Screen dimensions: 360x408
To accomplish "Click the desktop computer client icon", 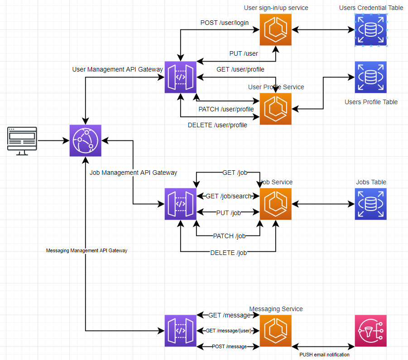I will [x=22, y=141].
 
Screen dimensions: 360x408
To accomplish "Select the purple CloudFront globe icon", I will [x=86, y=141].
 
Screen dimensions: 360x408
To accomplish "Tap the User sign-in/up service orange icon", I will [x=275, y=30].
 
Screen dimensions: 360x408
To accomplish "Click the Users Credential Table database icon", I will [x=371, y=30].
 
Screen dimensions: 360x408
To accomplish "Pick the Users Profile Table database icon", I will [x=371, y=77].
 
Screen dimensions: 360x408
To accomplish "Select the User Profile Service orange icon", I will [x=275, y=109].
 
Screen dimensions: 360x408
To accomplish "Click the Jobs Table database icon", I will [x=371, y=204].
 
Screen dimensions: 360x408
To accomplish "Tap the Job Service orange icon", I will [x=275, y=204].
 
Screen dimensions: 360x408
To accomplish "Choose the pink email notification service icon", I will [x=371, y=331].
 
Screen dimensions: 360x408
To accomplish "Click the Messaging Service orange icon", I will [x=275, y=331].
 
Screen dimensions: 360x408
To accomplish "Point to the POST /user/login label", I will [x=225, y=23].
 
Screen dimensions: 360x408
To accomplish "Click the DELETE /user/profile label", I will [x=217, y=125].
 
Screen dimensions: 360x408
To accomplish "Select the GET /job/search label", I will [x=228, y=196].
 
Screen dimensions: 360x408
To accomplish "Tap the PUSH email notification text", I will [x=324, y=355].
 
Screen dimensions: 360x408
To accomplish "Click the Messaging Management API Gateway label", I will [x=86, y=250].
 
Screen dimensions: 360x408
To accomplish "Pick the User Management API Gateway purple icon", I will [x=180, y=77].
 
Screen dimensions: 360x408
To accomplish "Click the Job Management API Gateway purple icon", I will [x=180, y=204].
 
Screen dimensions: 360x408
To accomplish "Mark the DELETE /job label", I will [x=228, y=253].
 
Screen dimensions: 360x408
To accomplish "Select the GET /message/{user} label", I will [x=228, y=331].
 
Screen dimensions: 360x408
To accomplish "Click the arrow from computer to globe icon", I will [x=53, y=141].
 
